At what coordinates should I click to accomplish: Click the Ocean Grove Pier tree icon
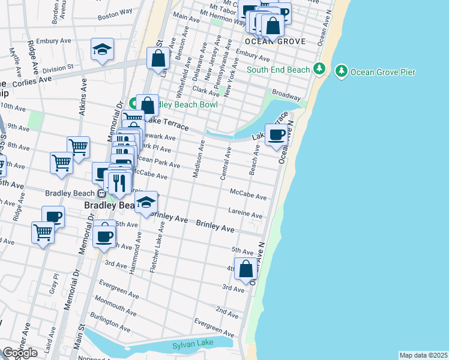tap(342, 72)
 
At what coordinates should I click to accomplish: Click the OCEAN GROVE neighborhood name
tap(275, 41)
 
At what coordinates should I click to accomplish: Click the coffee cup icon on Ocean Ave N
tap(276, 135)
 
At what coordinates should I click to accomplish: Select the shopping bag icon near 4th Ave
tap(246, 269)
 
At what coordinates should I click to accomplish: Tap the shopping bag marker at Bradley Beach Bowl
tap(147, 106)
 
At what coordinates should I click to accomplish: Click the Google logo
tap(20, 353)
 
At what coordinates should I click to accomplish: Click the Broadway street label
tap(286, 96)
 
